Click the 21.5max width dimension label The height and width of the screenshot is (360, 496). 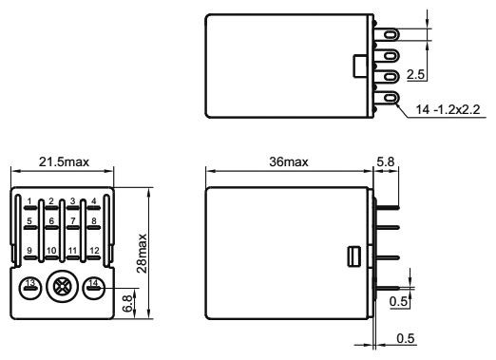tap(64, 161)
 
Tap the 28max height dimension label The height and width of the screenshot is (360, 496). tap(142, 254)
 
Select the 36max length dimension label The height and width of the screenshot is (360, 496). tap(289, 161)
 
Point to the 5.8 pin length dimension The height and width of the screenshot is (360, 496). tap(386, 161)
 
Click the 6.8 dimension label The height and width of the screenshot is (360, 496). tap(127, 303)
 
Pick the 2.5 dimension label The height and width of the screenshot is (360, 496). tap(415, 75)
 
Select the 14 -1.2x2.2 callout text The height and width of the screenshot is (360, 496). tap(448, 109)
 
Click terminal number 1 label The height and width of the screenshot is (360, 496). tap(29, 201)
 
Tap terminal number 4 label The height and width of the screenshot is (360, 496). tap(94, 201)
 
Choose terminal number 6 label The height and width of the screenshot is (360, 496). tap(51, 220)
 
